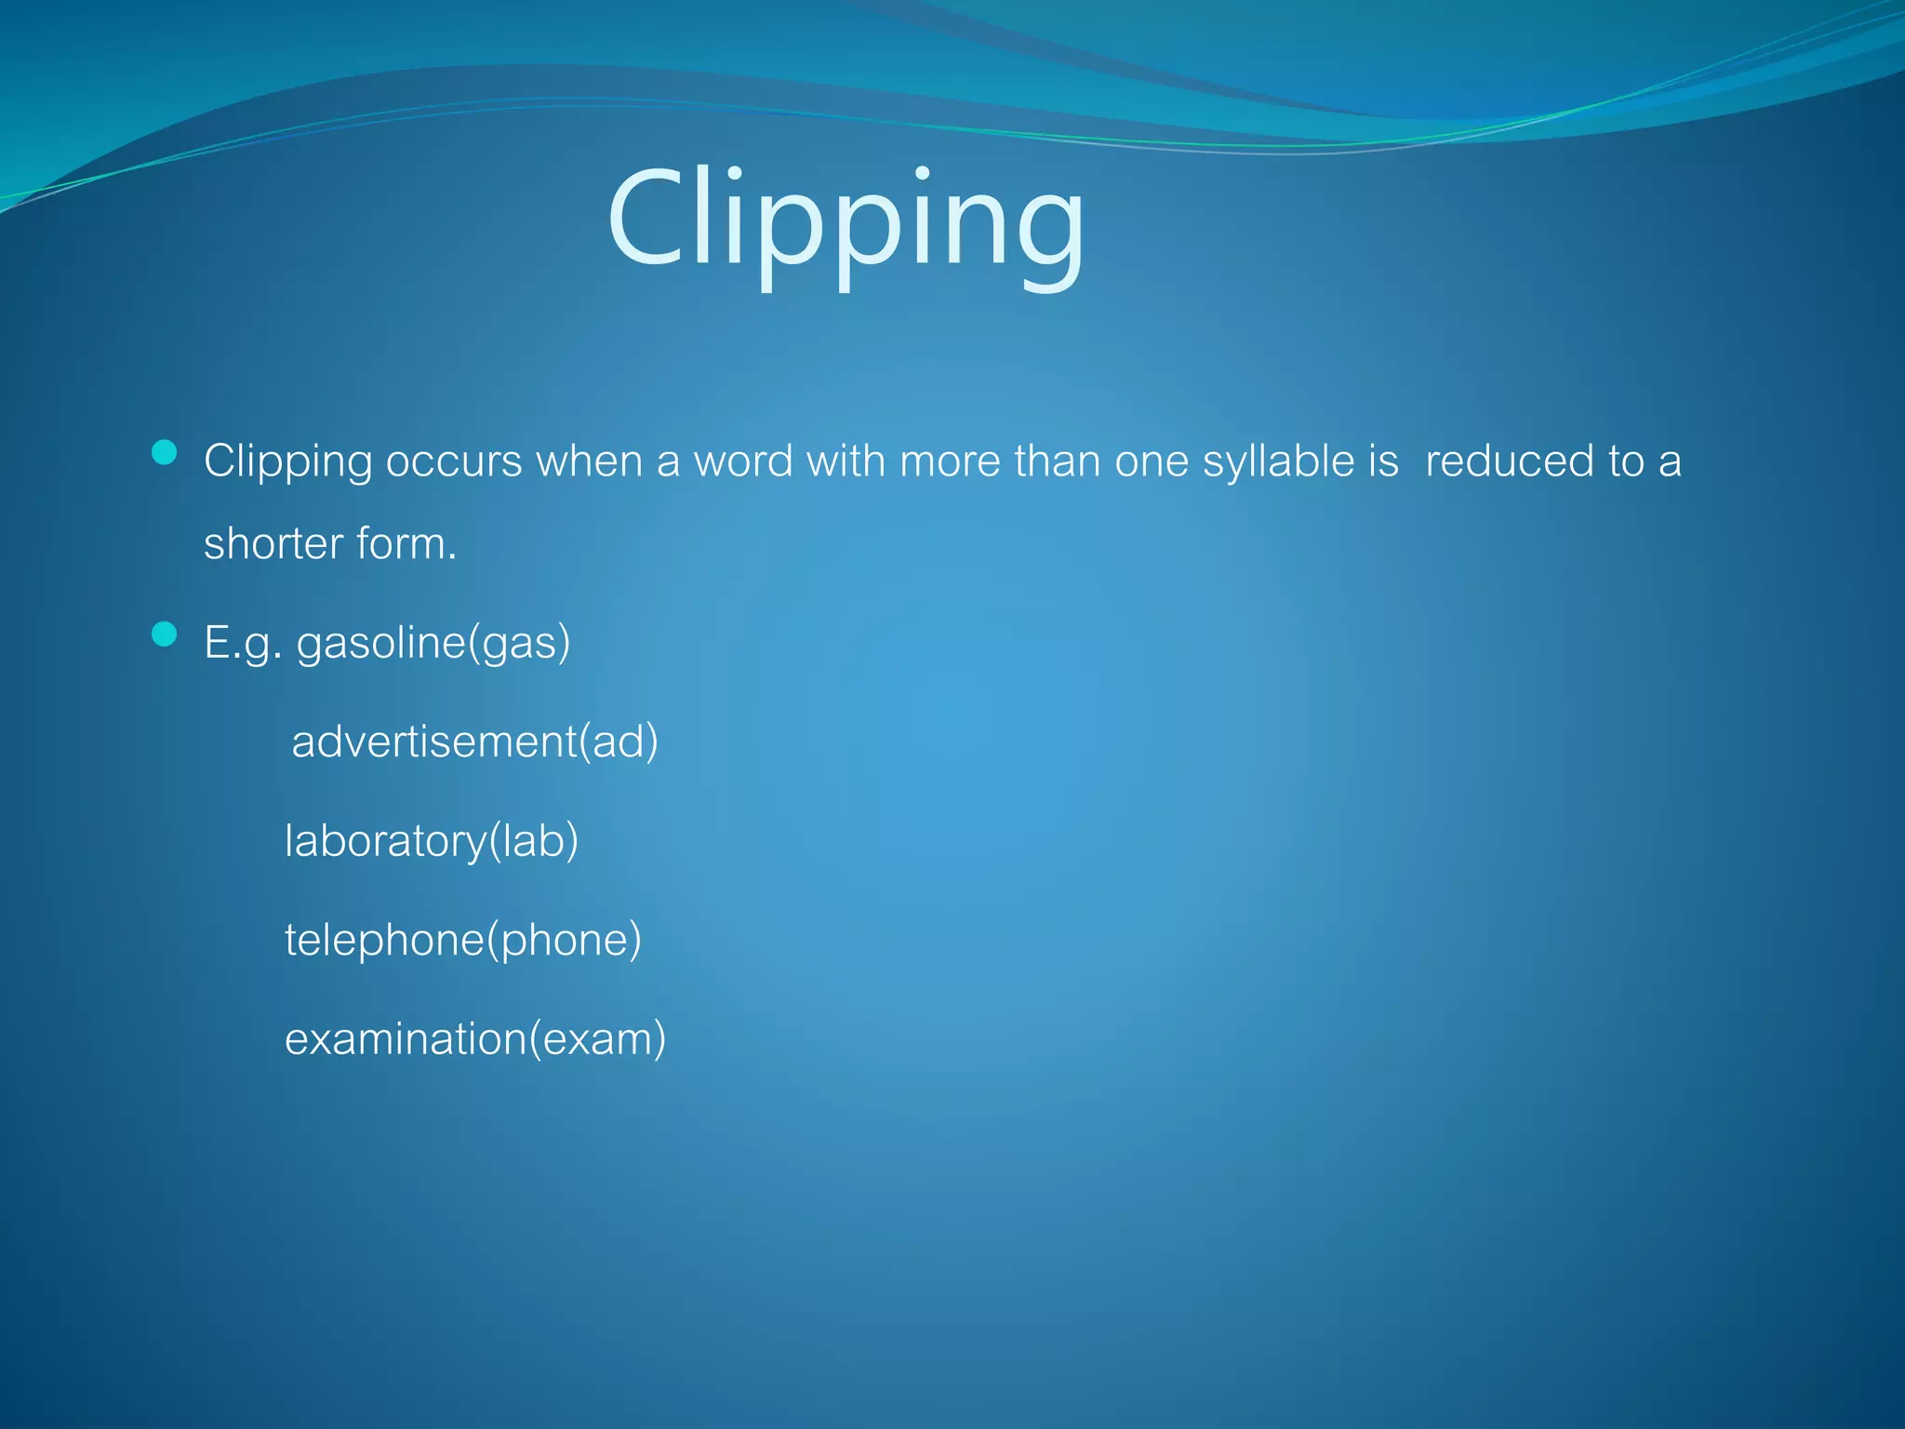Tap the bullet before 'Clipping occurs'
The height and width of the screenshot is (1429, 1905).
(x=165, y=453)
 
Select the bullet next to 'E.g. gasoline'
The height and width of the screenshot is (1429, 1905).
(x=165, y=634)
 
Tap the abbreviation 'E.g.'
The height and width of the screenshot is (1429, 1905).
(x=242, y=643)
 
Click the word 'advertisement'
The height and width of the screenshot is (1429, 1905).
(x=433, y=741)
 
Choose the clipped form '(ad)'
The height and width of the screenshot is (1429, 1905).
(x=619, y=741)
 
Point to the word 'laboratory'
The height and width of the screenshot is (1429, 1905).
(x=385, y=841)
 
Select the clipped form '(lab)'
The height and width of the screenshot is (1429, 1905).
(x=534, y=841)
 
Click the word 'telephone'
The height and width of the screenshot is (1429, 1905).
(x=384, y=941)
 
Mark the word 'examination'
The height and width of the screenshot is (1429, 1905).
(x=406, y=1039)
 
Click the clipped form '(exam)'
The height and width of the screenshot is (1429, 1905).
(x=598, y=1039)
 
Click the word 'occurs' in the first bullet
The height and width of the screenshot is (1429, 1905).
(x=454, y=461)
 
